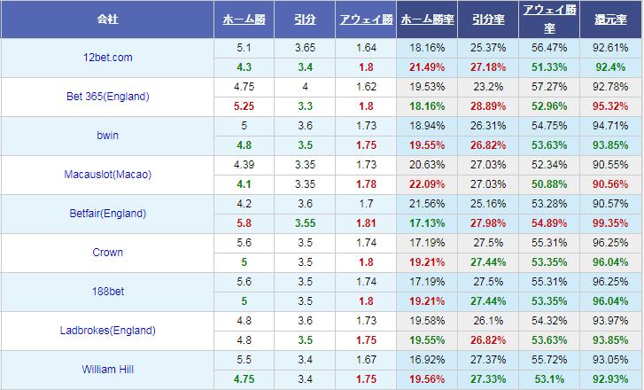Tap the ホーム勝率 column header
pyautogui.click(x=427, y=19)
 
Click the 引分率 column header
pyautogui.click(x=489, y=19)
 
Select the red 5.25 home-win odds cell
pyautogui.click(x=245, y=106)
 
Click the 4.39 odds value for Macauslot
pyautogui.click(x=245, y=165)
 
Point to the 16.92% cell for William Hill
pyautogui.click(x=427, y=360)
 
